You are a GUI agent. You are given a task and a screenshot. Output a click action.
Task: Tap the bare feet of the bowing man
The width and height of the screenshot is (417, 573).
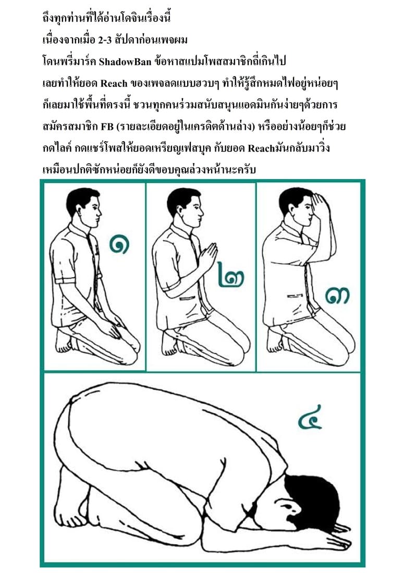(73, 508)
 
